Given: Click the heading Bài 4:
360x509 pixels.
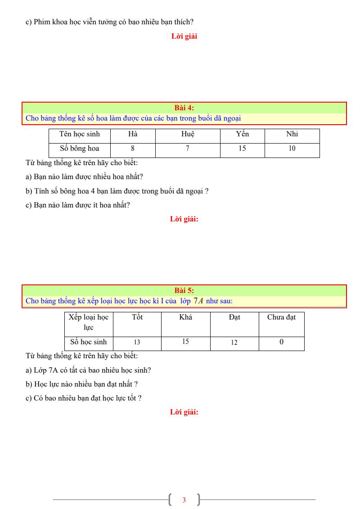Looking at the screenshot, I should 184,108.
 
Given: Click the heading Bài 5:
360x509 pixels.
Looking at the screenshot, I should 184,291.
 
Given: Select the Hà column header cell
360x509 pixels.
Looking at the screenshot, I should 133,134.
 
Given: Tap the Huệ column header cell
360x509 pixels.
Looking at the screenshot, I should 188,134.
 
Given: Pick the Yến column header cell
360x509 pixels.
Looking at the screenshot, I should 242,134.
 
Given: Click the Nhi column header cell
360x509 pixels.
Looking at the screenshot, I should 292,134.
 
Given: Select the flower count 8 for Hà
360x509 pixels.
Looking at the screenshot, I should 133,149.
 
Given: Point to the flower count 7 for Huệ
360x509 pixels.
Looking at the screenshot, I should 188,149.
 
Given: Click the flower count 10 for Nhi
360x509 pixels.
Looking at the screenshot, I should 292,149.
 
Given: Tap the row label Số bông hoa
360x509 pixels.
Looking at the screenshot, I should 80,149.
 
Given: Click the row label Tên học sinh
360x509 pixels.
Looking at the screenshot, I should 80,134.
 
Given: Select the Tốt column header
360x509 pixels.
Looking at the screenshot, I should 137,317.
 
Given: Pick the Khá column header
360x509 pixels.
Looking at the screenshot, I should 185,317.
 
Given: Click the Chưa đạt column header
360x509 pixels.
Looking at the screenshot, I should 281,317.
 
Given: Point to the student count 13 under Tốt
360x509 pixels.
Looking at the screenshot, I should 137,342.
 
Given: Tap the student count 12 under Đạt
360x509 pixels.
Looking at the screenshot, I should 234,342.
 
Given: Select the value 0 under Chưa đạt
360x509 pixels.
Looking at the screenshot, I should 281,342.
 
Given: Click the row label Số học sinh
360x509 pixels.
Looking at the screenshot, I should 89,342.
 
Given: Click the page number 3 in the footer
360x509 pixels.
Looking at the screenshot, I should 184,500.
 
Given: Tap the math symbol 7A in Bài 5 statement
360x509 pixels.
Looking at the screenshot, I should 198,301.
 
